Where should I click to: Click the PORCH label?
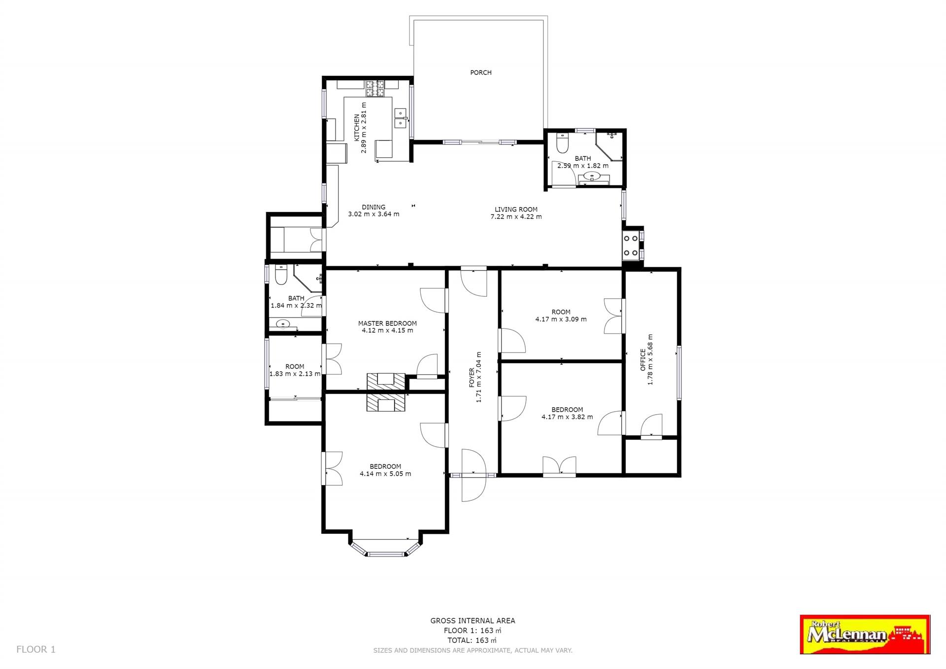point(480,72)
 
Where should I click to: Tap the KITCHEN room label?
point(357,128)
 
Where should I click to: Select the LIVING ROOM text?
point(516,209)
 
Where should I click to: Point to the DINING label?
point(373,207)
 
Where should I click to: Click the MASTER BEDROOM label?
point(387,323)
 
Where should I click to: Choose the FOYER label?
point(472,377)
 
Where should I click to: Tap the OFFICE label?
point(642,360)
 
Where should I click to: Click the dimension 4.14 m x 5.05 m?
point(385,474)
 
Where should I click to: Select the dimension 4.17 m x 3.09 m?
point(561,319)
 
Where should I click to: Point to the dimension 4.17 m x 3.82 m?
point(567,417)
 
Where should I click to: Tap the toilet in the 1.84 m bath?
point(281,275)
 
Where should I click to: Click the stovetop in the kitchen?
point(375,88)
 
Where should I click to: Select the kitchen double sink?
point(400,118)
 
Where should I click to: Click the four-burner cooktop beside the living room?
point(631,246)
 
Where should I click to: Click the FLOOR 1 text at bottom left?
point(36,649)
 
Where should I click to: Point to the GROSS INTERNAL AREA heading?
point(473,621)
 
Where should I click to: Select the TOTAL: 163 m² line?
point(472,640)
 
